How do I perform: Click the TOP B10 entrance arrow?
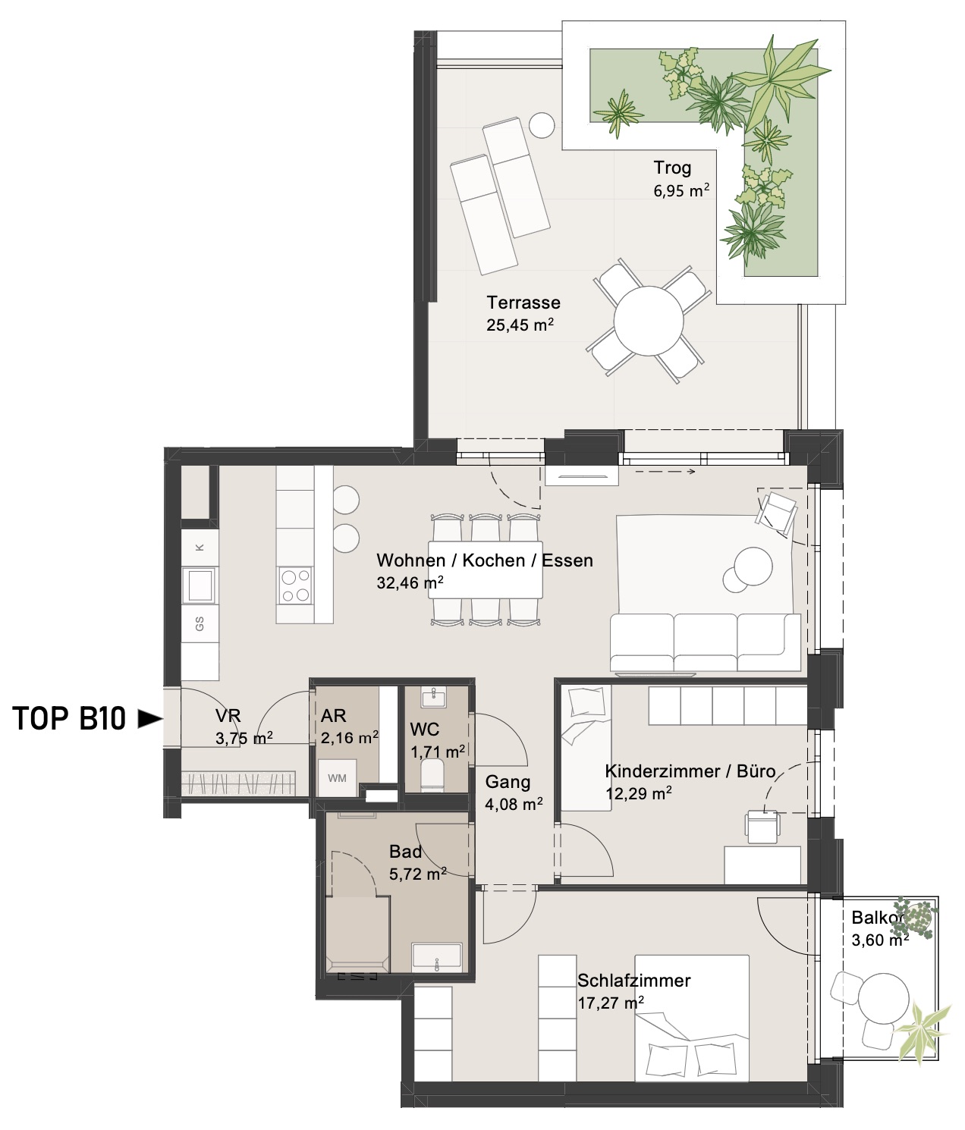pos(149,718)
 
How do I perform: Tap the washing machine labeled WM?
pos(337,778)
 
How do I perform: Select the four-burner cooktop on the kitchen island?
pos(295,585)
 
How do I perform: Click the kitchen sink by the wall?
pos(200,585)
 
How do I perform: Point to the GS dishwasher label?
pos(200,623)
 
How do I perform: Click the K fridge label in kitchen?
pos(200,548)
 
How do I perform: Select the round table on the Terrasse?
pos(649,321)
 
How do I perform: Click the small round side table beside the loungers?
pos(542,125)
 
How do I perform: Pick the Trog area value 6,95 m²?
pos(681,191)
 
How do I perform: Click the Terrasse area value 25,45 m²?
pos(520,325)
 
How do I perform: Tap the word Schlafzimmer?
pos(633,980)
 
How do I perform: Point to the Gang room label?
pos(508,783)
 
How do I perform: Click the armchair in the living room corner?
pos(776,512)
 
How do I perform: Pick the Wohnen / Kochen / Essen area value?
pos(410,582)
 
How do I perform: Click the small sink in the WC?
pos(434,697)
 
